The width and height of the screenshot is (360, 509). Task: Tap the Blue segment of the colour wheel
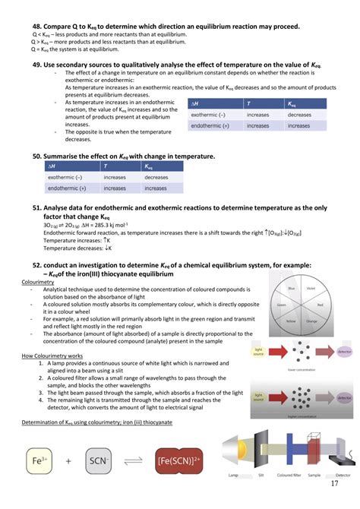[291, 289]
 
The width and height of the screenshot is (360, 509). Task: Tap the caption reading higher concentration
[302, 417]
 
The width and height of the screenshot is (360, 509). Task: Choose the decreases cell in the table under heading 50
[156, 177]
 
